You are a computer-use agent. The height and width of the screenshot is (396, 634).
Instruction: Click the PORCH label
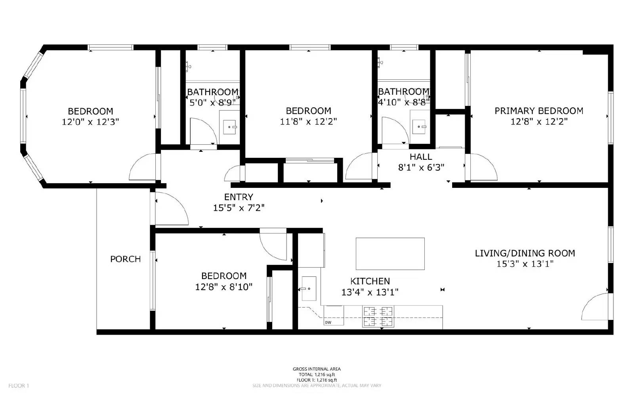point(125,259)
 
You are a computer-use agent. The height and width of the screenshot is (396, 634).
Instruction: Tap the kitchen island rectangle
point(390,254)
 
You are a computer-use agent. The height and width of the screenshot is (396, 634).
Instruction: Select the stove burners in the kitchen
point(378,316)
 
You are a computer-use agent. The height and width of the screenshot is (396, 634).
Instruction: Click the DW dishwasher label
point(328,322)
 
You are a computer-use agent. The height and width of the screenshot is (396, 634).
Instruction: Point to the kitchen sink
point(309,289)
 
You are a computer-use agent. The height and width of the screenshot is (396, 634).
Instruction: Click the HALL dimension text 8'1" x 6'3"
point(421,167)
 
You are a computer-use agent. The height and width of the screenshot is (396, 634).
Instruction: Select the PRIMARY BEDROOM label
point(539,111)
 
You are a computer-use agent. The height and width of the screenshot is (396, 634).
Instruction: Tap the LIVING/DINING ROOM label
point(525,253)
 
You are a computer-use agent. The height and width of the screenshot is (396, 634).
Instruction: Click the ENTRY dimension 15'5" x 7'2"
point(239,207)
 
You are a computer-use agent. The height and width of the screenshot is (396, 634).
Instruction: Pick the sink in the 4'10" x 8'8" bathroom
point(419,127)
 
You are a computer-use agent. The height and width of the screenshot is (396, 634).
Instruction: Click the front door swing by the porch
point(170,208)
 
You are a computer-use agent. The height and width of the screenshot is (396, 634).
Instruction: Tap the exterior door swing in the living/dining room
point(596,307)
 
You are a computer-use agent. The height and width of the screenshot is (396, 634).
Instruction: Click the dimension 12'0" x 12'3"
point(90,122)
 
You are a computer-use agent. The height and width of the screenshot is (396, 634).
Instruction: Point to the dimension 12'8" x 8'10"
point(223,287)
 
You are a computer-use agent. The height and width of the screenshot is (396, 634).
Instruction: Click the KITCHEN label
point(370,281)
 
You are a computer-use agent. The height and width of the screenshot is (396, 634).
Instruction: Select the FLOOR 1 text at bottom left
point(19,386)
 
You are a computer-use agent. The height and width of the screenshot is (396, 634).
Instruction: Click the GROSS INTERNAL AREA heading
point(316,369)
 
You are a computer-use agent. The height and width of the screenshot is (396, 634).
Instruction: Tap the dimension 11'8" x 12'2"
point(308,121)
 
